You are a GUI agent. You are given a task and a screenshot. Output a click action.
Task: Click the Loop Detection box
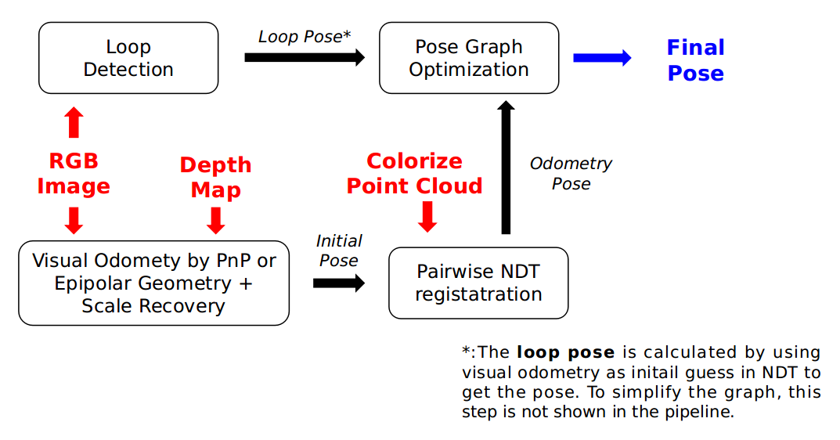(128, 58)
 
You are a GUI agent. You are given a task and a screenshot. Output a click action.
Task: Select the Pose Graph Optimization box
(469, 58)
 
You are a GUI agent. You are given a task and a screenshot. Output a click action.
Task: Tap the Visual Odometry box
(153, 283)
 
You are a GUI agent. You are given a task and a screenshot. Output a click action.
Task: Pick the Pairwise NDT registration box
(478, 283)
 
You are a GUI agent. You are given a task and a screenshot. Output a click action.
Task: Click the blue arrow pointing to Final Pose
(602, 58)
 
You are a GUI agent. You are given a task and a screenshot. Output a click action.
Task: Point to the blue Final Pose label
(695, 60)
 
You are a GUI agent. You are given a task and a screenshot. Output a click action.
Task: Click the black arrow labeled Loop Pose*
(305, 57)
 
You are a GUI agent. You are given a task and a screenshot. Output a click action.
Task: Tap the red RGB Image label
(74, 173)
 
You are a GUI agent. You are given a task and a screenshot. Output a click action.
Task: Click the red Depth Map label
(215, 177)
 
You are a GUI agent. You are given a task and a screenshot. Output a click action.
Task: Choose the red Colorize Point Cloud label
(414, 173)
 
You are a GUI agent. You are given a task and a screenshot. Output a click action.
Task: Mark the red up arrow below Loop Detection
(74, 122)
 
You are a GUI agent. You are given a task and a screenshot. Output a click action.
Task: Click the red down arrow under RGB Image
(74, 220)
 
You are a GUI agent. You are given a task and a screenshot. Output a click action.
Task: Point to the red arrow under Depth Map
(215, 220)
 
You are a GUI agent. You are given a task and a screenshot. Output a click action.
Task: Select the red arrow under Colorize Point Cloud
(427, 216)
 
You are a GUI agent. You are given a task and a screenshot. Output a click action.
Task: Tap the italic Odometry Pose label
(571, 173)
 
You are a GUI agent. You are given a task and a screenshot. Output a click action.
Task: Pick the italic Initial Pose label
(339, 251)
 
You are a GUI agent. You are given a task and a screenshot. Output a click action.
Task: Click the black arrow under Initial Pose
(339, 283)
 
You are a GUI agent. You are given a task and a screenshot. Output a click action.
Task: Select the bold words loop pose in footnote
(565, 352)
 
